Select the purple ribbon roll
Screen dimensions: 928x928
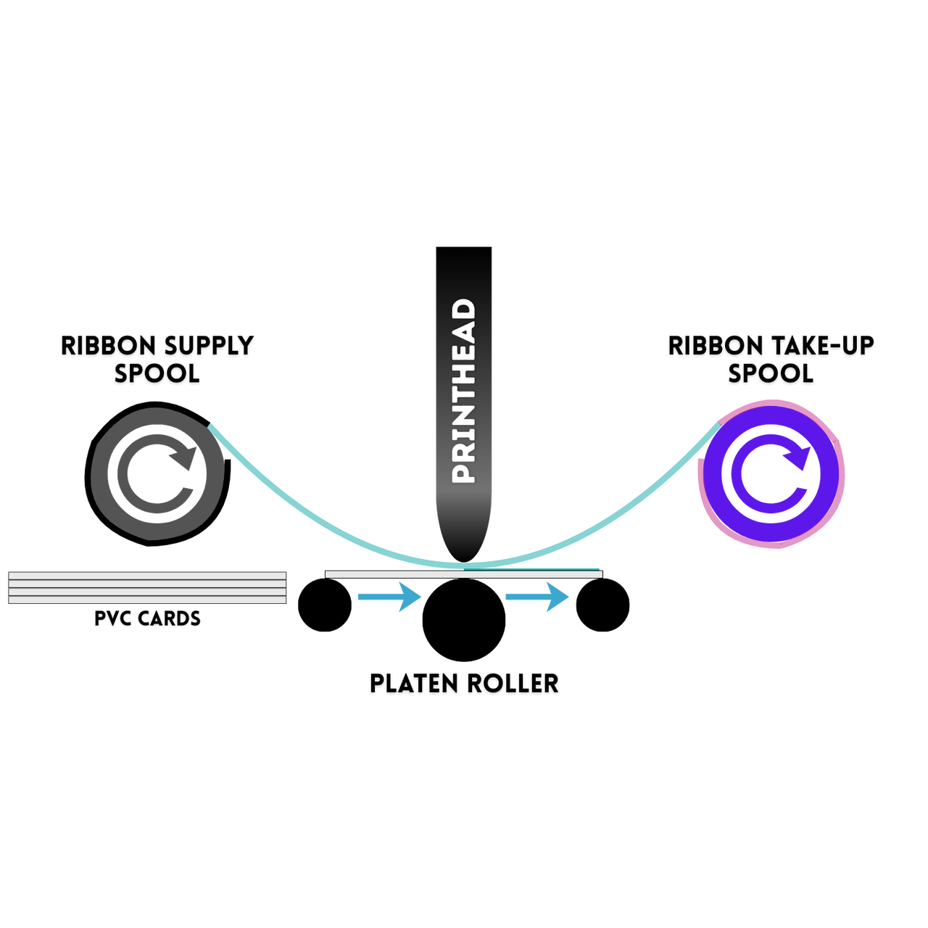click(771, 473)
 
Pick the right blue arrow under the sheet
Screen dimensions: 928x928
click(538, 597)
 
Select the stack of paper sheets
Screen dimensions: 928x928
click(147, 587)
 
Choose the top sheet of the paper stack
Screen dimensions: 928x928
click(147, 575)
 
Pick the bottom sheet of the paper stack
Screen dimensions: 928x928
click(147, 600)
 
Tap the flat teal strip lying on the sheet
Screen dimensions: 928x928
click(565, 569)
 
